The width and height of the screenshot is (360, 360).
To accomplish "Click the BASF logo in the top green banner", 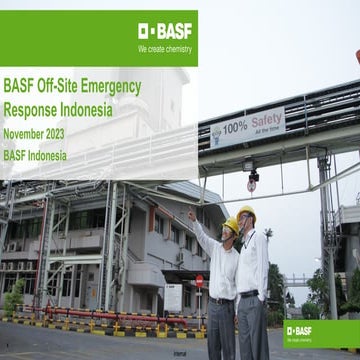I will (165, 30).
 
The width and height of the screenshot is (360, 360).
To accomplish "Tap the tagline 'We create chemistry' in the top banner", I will (165, 47).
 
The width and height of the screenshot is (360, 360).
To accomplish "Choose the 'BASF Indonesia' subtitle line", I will (35, 155).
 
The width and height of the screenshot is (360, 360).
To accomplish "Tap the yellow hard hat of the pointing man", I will (230, 224).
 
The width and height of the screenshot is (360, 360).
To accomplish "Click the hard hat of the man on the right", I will (246, 213).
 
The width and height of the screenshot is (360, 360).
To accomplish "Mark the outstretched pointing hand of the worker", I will (191, 213).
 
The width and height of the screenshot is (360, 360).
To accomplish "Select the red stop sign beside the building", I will (199, 281).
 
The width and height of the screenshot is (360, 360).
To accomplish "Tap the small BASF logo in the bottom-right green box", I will (299, 330).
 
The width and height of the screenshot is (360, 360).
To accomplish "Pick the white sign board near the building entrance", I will (173, 297).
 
